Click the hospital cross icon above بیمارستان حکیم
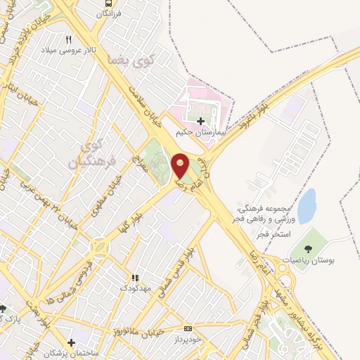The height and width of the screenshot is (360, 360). coord(201,121)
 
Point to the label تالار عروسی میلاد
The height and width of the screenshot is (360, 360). coord(67,51)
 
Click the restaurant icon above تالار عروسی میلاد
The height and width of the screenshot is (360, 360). coord(68,40)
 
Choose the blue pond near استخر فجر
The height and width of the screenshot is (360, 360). coord(307,206)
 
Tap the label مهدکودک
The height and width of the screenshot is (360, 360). coord(133,288)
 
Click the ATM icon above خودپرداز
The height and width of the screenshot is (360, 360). coord(188,328)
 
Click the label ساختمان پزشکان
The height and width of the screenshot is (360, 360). coord(71,352)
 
